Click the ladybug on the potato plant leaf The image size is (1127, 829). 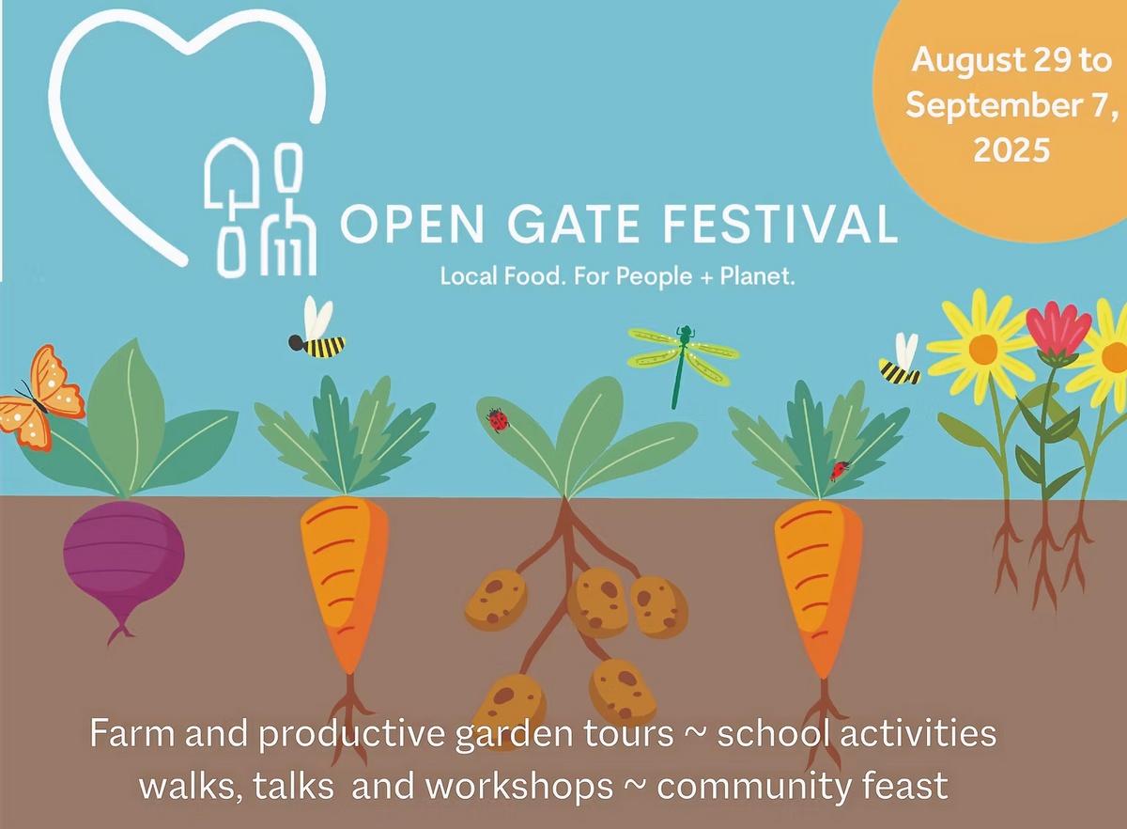pyautogui.click(x=498, y=420)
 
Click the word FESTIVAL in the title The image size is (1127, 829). pyautogui.click(x=780, y=224)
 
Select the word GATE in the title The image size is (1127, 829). pyautogui.click(x=574, y=223)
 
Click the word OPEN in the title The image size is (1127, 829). pyautogui.click(x=412, y=223)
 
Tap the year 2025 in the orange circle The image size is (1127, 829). pyautogui.click(x=1011, y=149)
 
